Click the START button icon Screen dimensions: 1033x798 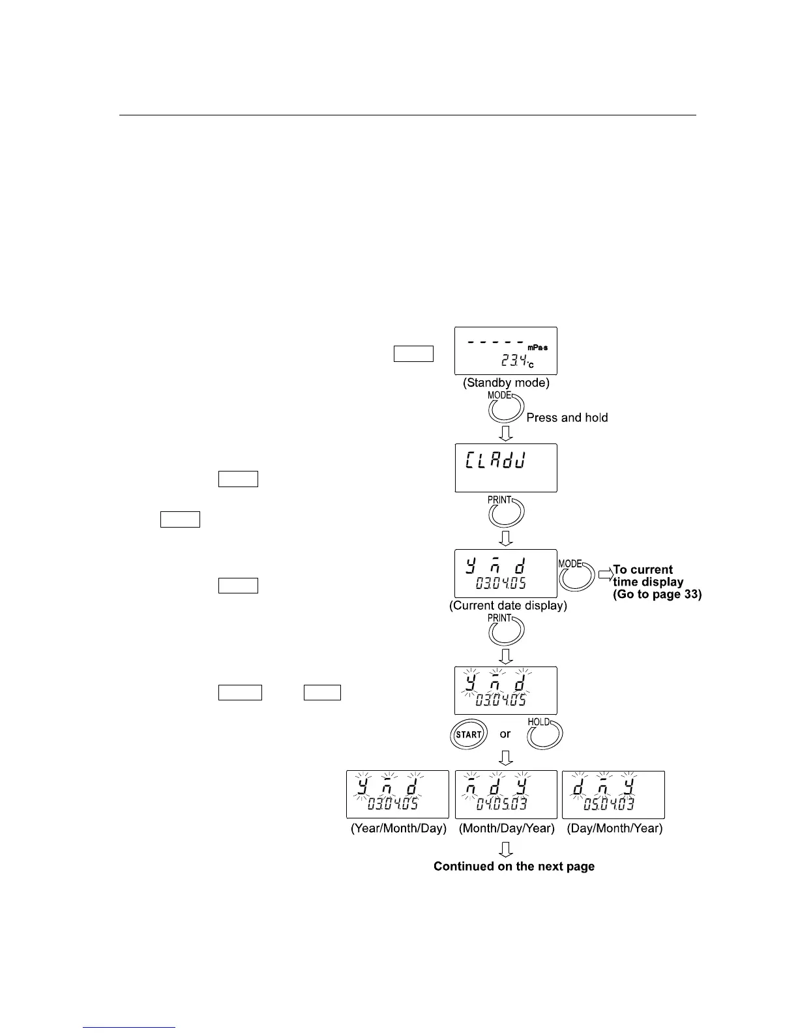point(468,734)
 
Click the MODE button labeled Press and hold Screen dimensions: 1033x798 point(505,408)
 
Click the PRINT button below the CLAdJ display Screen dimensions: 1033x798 point(505,513)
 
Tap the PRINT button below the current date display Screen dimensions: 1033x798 point(505,630)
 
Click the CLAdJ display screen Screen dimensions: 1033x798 point(505,468)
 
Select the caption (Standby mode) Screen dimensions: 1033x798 point(506,383)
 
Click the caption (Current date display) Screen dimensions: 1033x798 point(508,605)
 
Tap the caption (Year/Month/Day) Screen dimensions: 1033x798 point(398,828)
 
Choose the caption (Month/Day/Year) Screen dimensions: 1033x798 point(507,828)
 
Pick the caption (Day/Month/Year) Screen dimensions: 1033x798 point(614,828)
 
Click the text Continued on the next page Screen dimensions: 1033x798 point(514,867)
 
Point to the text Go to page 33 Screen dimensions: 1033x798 point(657,594)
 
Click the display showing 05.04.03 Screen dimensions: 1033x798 point(613,794)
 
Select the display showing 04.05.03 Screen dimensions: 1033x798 point(506,794)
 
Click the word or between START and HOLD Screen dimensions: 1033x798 point(505,734)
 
